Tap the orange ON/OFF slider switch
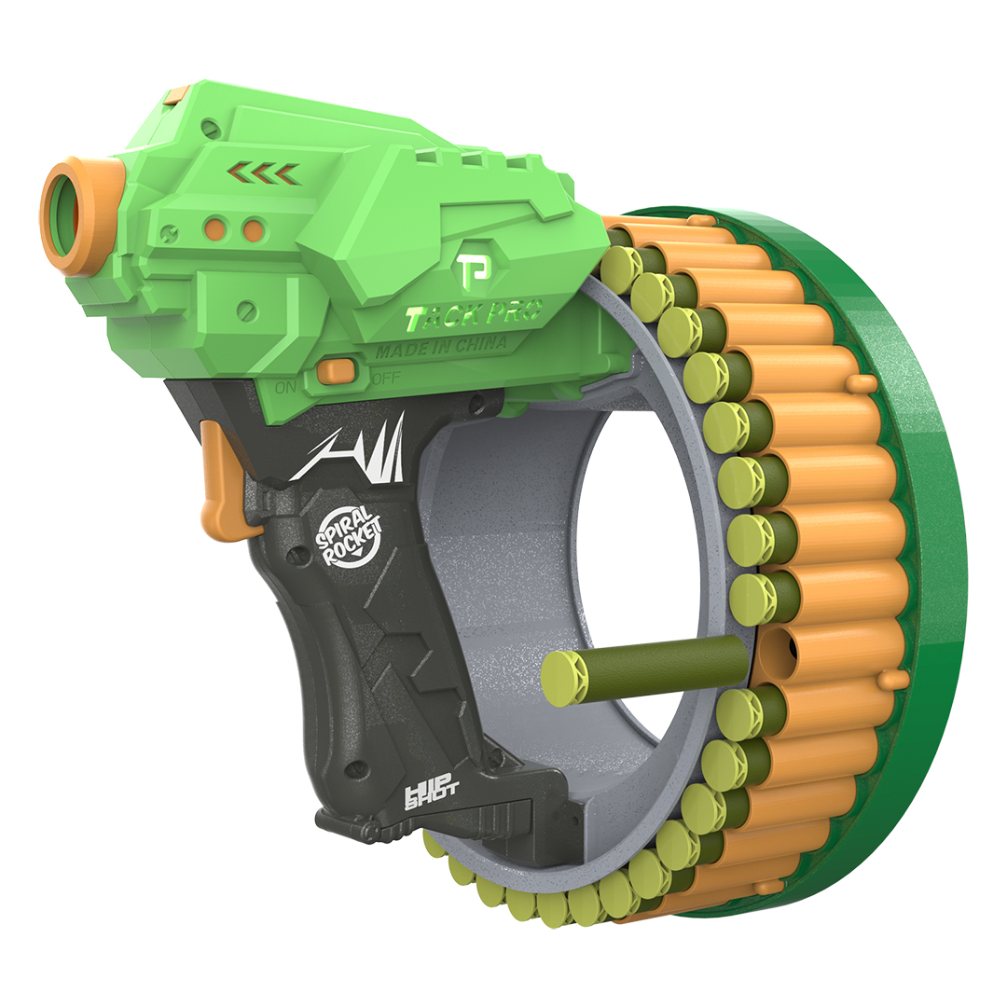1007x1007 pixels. [x=337, y=370]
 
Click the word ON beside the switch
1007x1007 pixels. [x=286, y=387]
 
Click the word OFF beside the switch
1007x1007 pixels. [x=386, y=378]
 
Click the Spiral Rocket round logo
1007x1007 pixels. [x=348, y=537]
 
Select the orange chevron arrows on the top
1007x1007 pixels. [x=264, y=173]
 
